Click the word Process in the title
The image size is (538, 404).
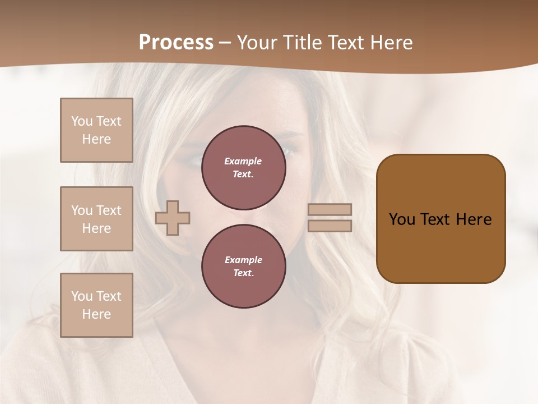[176, 43]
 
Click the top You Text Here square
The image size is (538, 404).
[96, 130]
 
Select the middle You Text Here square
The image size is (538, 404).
[96, 219]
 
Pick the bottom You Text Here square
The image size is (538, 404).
[96, 305]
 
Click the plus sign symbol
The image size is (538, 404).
[173, 218]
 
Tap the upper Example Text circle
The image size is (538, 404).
[243, 168]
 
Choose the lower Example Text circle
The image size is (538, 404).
[243, 267]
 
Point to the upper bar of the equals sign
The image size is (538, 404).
[330, 210]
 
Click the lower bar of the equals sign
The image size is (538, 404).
[330, 226]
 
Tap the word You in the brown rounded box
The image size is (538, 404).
[402, 219]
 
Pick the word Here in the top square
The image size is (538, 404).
[96, 139]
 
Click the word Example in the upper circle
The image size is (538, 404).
[243, 161]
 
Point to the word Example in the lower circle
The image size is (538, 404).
[243, 260]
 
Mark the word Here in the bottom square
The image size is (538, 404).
[96, 314]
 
